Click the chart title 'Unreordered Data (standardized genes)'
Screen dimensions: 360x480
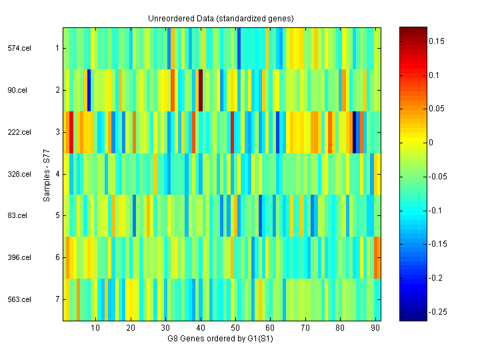pyautogui.click(x=221, y=18)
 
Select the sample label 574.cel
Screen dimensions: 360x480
pyautogui.click(x=19, y=48)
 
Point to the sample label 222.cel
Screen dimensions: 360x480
pyautogui.click(x=19, y=132)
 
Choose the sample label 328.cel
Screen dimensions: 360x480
pyautogui.click(x=19, y=174)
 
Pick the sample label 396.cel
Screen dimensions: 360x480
pyautogui.click(x=19, y=257)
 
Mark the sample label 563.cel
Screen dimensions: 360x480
pyautogui.click(x=19, y=299)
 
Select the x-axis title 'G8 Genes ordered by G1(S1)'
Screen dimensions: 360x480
pyautogui.click(x=221, y=339)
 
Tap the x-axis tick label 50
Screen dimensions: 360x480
pyautogui.click(x=235, y=328)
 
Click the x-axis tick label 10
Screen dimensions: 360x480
pyautogui.click(x=95, y=328)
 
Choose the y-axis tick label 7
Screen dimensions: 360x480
pyautogui.click(x=57, y=299)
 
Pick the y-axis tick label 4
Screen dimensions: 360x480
pyautogui.click(x=57, y=174)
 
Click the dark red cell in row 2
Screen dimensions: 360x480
pyautogui.click(x=201, y=90)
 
